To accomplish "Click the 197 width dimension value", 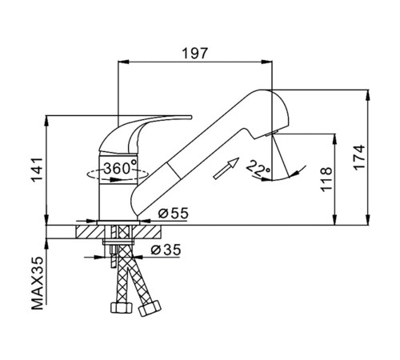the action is (194, 54).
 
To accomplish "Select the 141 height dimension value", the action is (37, 170).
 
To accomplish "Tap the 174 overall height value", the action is (359, 156).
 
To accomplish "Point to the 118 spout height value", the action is (326, 179).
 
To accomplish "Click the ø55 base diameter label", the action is (174, 213).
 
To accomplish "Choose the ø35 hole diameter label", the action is (166, 250).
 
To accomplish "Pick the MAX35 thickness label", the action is (37, 283).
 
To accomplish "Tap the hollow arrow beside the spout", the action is (226, 169).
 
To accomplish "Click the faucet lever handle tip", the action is (190, 117).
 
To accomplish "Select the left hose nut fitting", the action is (122, 307).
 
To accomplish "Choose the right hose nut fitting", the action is (150, 308).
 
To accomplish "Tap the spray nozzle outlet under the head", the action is (272, 133).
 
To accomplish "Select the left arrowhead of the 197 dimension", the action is (123, 62).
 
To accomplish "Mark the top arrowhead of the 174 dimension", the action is (368, 95).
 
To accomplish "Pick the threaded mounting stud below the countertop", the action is (114, 256).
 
